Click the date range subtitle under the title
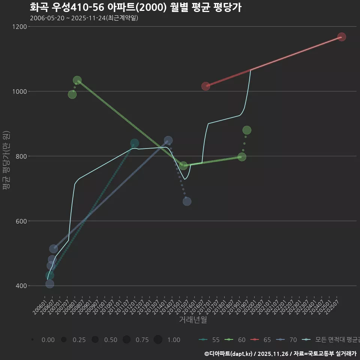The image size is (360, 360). click(84, 18)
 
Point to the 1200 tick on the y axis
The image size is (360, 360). click(19, 27)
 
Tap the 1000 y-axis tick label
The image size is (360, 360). click(19, 91)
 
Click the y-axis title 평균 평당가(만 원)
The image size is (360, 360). click(6, 161)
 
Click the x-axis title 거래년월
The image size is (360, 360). click(193, 320)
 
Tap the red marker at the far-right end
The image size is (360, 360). click(341, 37)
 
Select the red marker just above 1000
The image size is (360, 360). click(205, 86)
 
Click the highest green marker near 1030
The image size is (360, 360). click(77, 80)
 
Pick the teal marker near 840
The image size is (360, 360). click(135, 143)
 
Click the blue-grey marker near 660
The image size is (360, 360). click(187, 201)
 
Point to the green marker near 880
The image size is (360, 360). click(247, 130)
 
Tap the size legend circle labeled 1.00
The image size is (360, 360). click(158, 340)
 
